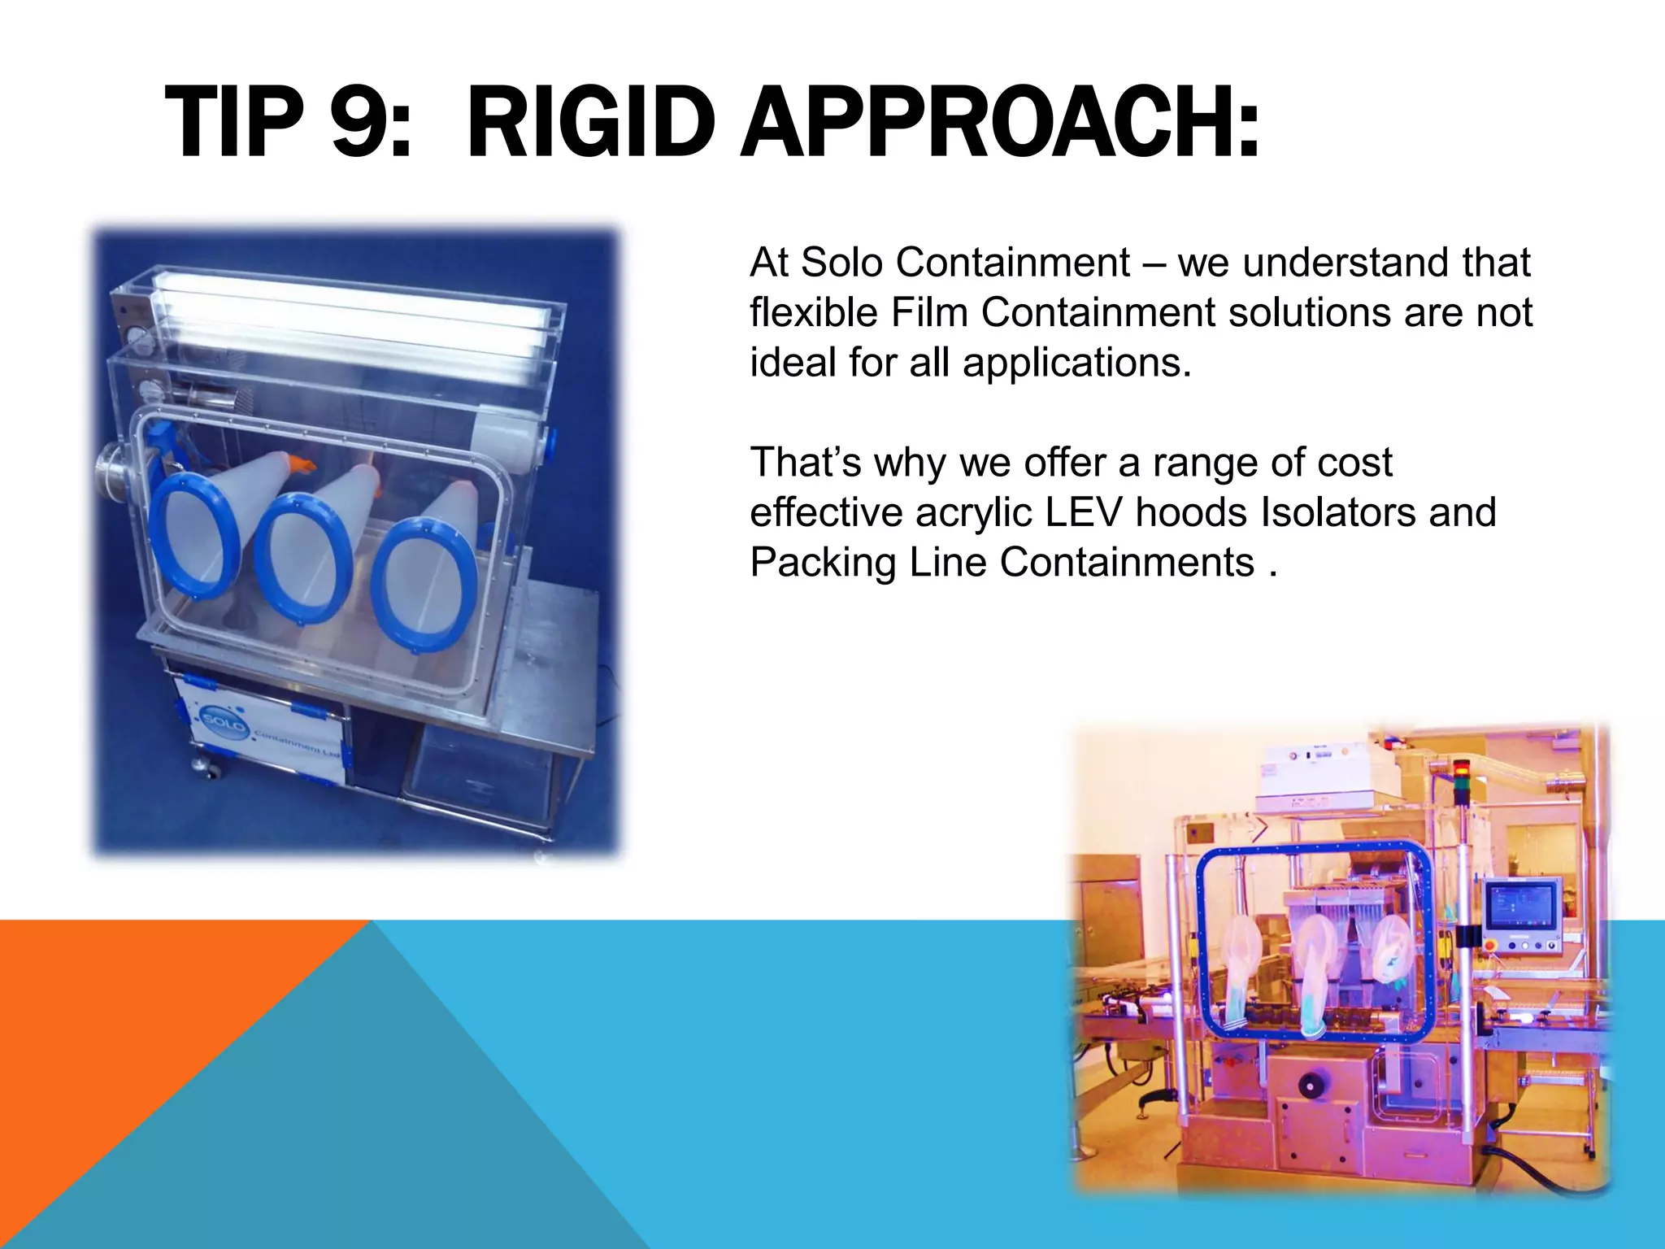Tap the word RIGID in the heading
coord(591,124)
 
